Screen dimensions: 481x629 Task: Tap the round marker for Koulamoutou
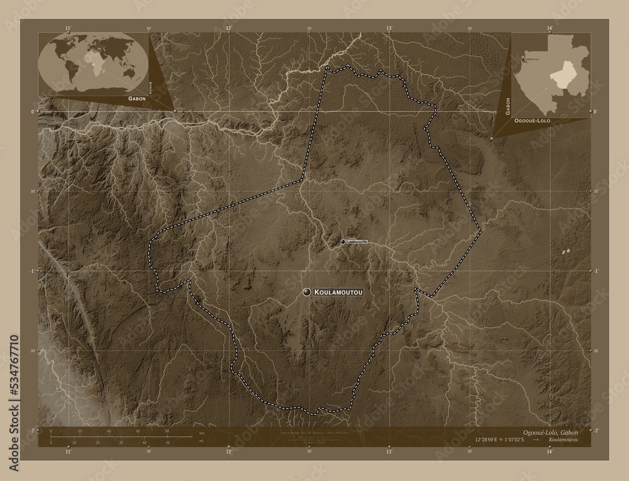click(307, 292)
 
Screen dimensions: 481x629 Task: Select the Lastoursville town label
click(357, 241)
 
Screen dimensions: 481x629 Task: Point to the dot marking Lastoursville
click(343, 241)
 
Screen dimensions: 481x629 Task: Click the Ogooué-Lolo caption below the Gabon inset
click(533, 119)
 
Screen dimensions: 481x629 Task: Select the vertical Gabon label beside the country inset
click(507, 104)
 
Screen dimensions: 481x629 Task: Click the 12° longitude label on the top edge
click(229, 28)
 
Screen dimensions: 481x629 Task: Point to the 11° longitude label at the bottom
click(69, 451)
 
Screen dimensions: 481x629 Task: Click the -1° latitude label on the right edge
click(595, 271)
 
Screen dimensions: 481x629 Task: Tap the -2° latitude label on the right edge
click(595, 430)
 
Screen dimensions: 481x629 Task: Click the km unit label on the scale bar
click(202, 434)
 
